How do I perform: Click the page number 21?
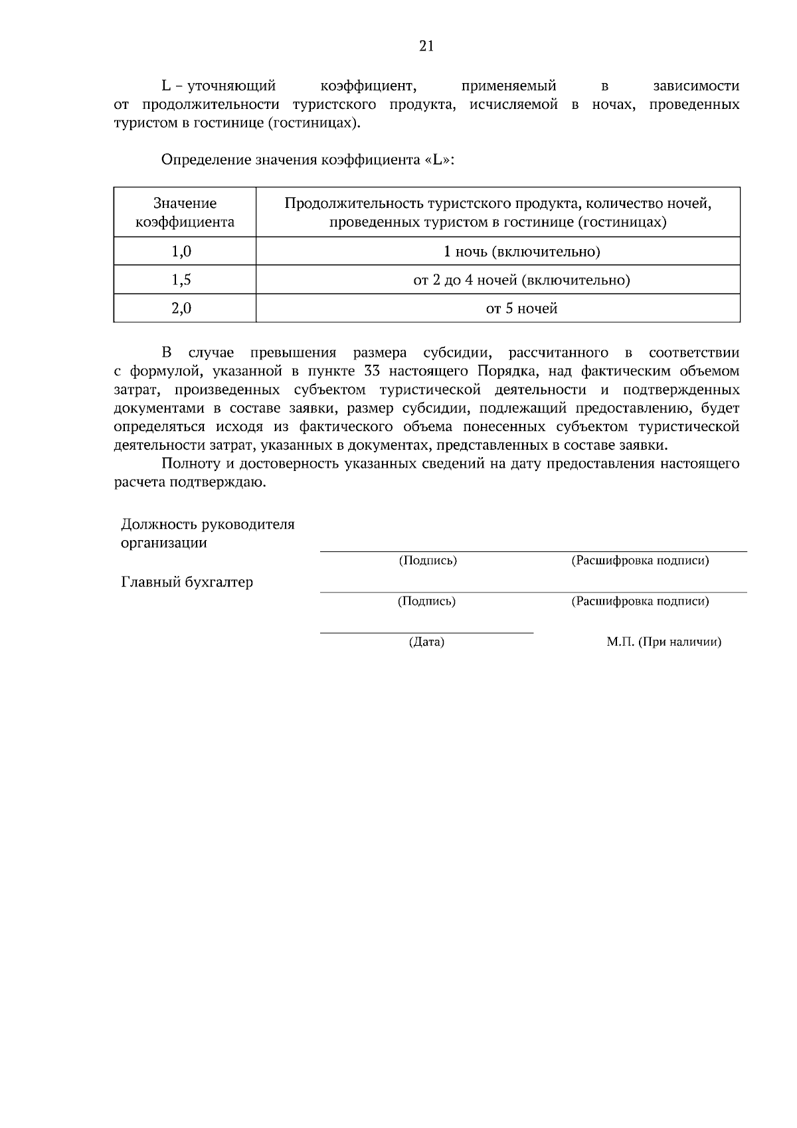tap(426, 46)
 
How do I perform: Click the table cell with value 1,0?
tap(181, 252)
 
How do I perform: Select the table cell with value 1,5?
tap(181, 280)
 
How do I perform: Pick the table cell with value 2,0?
tap(181, 309)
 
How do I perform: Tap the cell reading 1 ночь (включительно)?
tap(521, 252)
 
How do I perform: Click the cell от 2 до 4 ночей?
tap(521, 280)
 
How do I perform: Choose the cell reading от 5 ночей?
tap(521, 309)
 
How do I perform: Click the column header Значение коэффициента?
tap(185, 213)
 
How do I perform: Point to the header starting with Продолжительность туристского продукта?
tap(498, 213)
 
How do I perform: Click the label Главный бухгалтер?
tap(187, 583)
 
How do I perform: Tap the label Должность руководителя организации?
tap(207, 533)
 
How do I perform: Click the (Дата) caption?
tap(426, 642)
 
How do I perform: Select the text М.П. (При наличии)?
tap(664, 642)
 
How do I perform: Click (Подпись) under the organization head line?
tap(428, 561)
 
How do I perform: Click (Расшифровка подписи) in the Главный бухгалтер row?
tap(640, 602)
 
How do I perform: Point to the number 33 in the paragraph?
tap(373, 371)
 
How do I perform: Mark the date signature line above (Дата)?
tap(426, 633)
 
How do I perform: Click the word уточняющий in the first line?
tap(231, 86)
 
